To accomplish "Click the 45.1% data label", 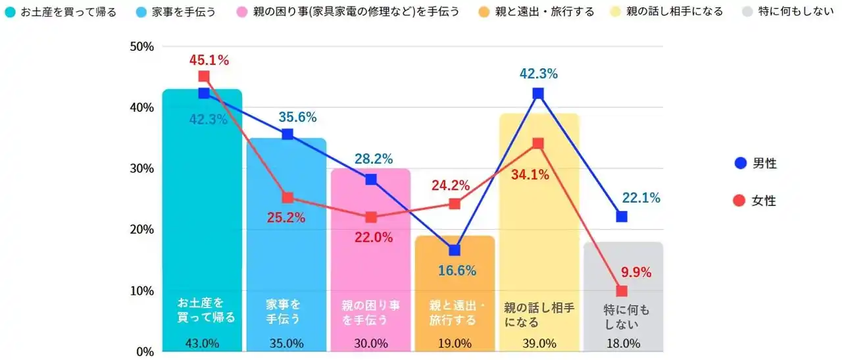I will (x=209, y=61).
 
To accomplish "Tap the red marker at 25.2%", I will (x=287, y=197).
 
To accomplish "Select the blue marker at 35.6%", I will (x=287, y=134).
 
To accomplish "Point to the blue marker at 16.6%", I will (x=454, y=250).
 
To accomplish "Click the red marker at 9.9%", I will (x=622, y=291).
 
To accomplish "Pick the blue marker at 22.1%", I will (x=622, y=217).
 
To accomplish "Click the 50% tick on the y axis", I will (x=141, y=47).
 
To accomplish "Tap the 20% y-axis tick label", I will (x=141, y=230).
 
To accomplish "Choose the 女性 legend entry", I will (x=756, y=201).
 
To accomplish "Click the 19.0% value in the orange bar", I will (x=454, y=343).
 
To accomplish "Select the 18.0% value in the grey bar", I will (x=622, y=343).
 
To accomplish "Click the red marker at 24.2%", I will (x=454, y=203).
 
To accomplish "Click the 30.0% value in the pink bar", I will (x=370, y=343).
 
